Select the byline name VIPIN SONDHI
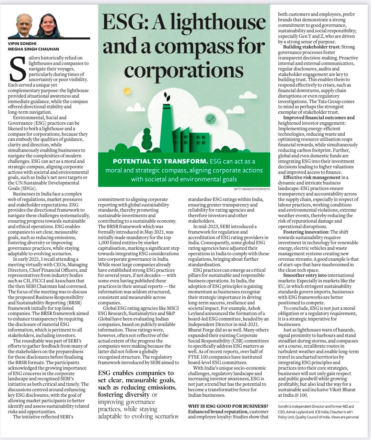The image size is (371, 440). pyautogui.click(x=22, y=44)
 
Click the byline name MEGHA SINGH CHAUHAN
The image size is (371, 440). pyautogui.click(x=33, y=49)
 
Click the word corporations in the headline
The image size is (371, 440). pyautogui.click(x=184, y=70)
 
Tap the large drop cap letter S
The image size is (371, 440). pyautogui.click(x=18, y=69)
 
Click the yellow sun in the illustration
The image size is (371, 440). pyautogui.click(x=127, y=91)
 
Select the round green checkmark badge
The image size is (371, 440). pyautogui.click(x=210, y=119)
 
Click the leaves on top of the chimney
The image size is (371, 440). pyautogui.click(x=167, y=96)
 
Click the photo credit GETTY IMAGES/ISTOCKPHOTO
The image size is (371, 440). pyautogui.click(x=250, y=189)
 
